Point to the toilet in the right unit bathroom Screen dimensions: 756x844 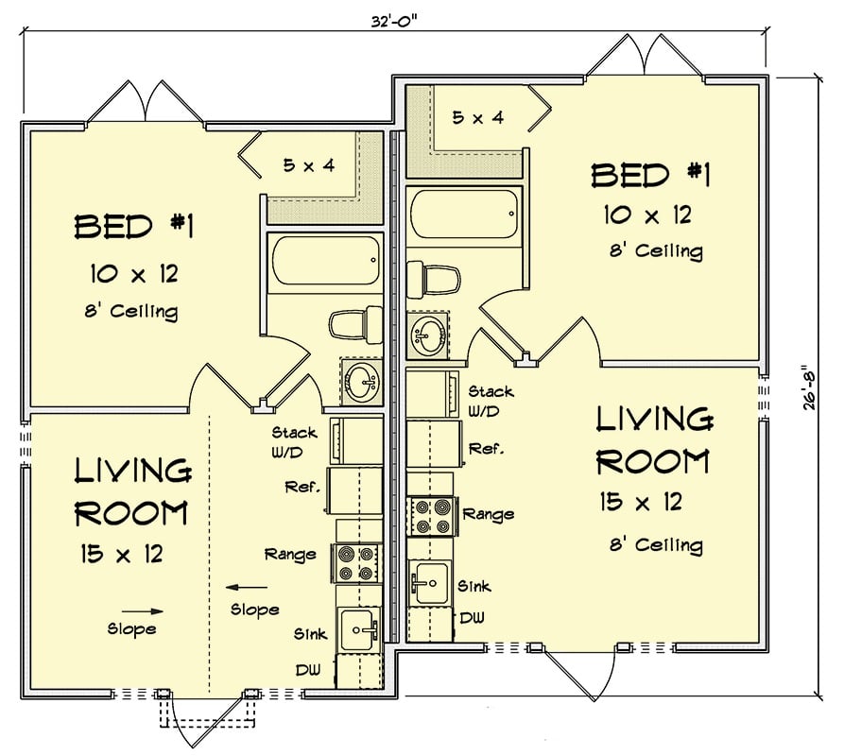(435, 281)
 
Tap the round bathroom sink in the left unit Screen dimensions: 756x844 (360, 384)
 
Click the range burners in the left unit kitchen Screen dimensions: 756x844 (354, 563)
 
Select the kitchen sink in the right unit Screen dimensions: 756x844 (430, 581)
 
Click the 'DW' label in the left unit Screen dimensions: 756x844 (304, 668)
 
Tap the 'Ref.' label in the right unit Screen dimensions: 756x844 (486, 448)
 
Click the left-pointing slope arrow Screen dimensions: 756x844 (242, 586)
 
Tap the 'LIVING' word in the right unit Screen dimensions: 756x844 (652, 418)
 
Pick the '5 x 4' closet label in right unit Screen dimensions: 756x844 (477, 118)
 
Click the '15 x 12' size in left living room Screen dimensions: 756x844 (122, 554)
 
